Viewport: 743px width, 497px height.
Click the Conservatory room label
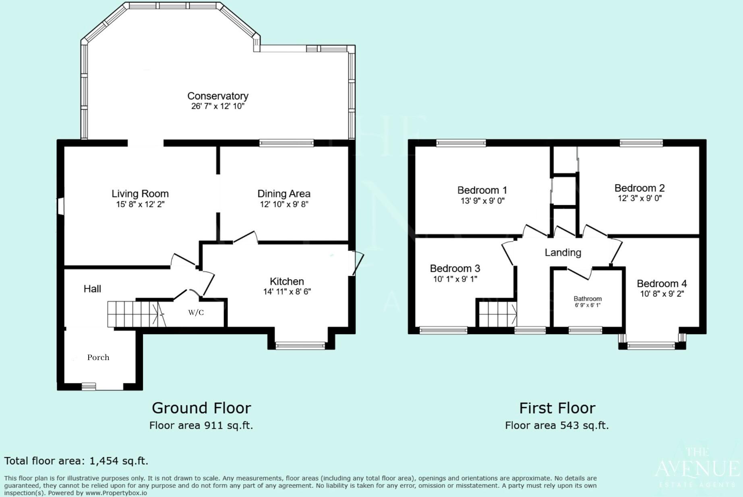point(217,96)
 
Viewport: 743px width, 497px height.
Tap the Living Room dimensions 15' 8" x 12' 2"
point(140,204)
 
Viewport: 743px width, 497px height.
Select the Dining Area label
point(284,194)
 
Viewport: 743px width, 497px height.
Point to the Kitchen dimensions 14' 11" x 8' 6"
point(287,292)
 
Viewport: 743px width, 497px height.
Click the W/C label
point(196,313)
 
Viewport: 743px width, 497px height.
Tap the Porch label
point(98,357)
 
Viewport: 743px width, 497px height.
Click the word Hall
point(92,289)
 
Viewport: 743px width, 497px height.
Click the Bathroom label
point(588,298)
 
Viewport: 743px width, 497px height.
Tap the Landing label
point(563,253)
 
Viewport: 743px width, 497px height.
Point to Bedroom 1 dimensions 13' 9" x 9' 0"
point(482,201)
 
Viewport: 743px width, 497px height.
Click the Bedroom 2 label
point(639,188)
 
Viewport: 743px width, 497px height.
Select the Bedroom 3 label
point(455,268)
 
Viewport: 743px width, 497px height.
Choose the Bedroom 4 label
point(661,284)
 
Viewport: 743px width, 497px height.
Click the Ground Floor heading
point(201,408)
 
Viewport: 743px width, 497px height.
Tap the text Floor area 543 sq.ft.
point(557,425)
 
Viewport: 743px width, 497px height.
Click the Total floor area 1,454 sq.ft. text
point(76,461)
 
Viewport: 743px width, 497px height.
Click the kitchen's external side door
point(357,263)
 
